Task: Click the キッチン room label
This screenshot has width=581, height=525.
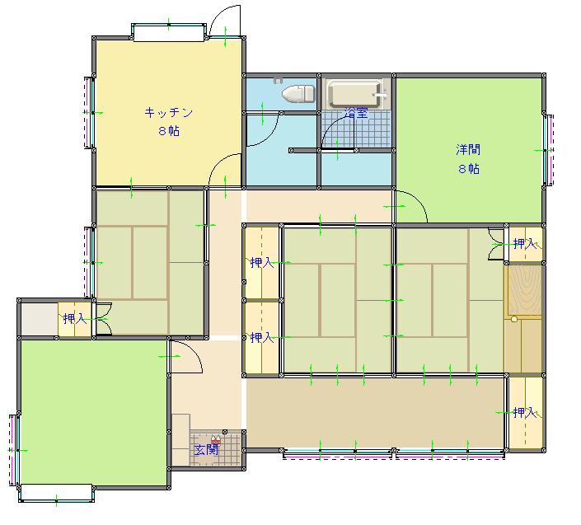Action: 169,112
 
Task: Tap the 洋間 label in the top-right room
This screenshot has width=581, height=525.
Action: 468,150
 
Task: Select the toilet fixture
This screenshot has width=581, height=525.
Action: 298,92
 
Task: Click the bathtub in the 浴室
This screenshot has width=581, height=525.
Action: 356,94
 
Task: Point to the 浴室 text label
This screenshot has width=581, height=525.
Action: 356,113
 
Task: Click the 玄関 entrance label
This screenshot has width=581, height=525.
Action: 206,450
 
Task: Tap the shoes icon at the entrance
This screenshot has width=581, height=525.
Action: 216,440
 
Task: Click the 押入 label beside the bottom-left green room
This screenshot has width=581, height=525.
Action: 75,318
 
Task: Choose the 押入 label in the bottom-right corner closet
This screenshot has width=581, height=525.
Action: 525,412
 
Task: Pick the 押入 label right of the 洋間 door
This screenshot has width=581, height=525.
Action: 525,243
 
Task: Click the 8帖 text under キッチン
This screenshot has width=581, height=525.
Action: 169,131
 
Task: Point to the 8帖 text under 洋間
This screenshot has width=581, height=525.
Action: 469,169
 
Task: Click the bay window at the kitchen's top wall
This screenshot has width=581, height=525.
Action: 169,32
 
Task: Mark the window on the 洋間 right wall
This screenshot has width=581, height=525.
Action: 549,150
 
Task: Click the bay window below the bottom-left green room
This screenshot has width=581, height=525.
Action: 56,494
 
